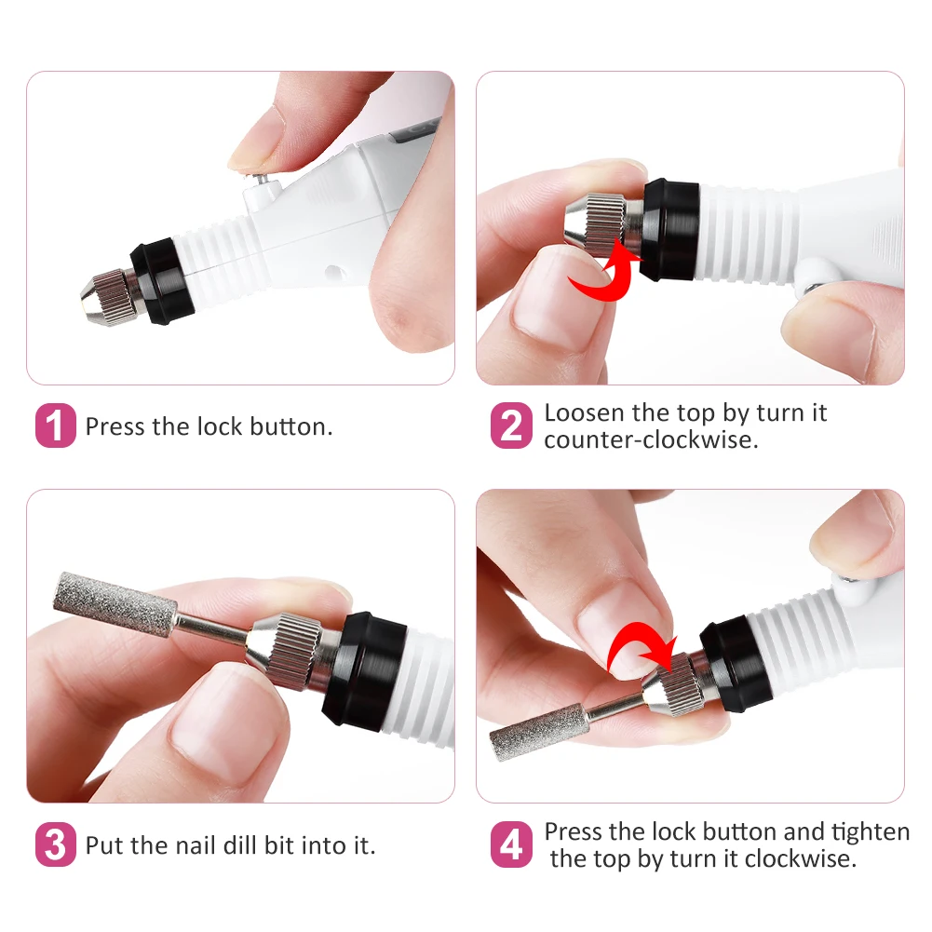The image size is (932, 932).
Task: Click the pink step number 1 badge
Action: pyautogui.click(x=55, y=425)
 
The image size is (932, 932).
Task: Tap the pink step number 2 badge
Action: pyautogui.click(x=511, y=425)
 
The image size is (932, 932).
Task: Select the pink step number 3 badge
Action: pyautogui.click(x=55, y=844)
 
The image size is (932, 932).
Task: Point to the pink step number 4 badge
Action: pyautogui.click(x=511, y=844)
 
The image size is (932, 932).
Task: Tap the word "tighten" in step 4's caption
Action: pyautogui.click(x=871, y=831)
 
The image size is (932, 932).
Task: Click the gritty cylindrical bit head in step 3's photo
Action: pyautogui.click(x=115, y=601)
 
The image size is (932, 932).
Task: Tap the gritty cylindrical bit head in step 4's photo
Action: pyautogui.click(x=539, y=732)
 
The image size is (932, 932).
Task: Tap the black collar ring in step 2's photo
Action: pyautogui.click(x=669, y=229)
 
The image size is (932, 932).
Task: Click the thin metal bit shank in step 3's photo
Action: pyautogui.click(x=212, y=628)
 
